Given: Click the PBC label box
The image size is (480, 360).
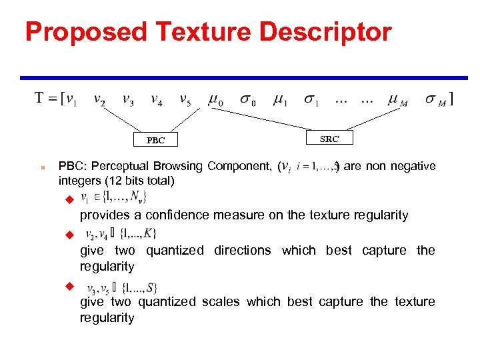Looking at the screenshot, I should pos(155,140).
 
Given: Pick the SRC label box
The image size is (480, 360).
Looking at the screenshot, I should pos(329,139).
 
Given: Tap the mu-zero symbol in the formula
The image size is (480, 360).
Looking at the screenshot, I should pos(216,101).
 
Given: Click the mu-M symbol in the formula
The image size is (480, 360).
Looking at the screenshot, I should pos(399,101).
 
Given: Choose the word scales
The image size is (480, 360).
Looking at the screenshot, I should pos(222,301).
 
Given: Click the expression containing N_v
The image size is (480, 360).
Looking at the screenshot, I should pos(114,197).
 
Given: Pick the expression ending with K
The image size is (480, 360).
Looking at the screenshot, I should pos(121,233).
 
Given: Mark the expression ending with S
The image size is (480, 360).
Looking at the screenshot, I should pos(121,288).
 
